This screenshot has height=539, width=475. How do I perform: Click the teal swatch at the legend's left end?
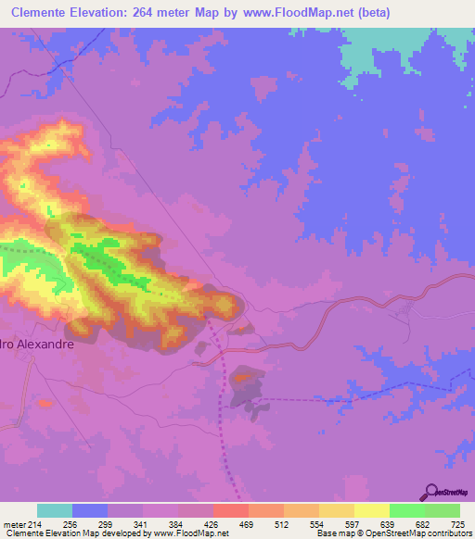[x=55, y=510]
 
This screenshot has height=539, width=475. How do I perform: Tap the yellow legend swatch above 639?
[x=372, y=510]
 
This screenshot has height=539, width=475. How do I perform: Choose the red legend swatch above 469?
[x=231, y=510]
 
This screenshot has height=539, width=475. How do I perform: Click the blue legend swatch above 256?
[x=90, y=510]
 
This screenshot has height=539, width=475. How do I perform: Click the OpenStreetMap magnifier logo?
[x=430, y=493]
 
